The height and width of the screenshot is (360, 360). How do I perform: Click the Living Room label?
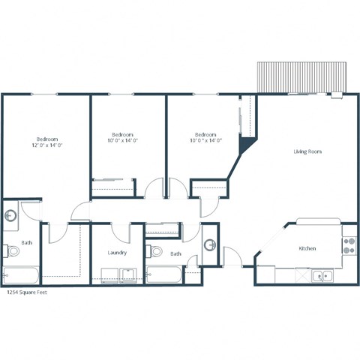(307, 151)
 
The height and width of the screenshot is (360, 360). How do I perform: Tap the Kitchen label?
(307, 248)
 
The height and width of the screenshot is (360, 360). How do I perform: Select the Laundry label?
(117, 253)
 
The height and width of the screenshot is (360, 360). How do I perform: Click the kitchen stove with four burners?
(349, 245)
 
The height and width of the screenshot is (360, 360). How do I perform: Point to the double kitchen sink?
(322, 276)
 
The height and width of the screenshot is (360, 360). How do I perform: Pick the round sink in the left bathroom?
(10, 217)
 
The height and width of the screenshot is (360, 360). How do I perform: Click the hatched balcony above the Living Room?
(302, 76)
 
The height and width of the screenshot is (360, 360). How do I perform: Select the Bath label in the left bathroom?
(26, 242)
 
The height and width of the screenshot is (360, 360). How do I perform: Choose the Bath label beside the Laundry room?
(175, 253)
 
